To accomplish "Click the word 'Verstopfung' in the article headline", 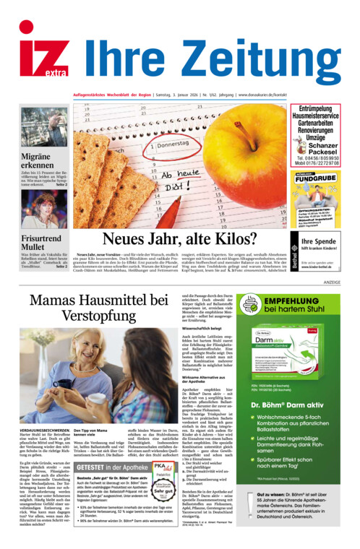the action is pos(98,316).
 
